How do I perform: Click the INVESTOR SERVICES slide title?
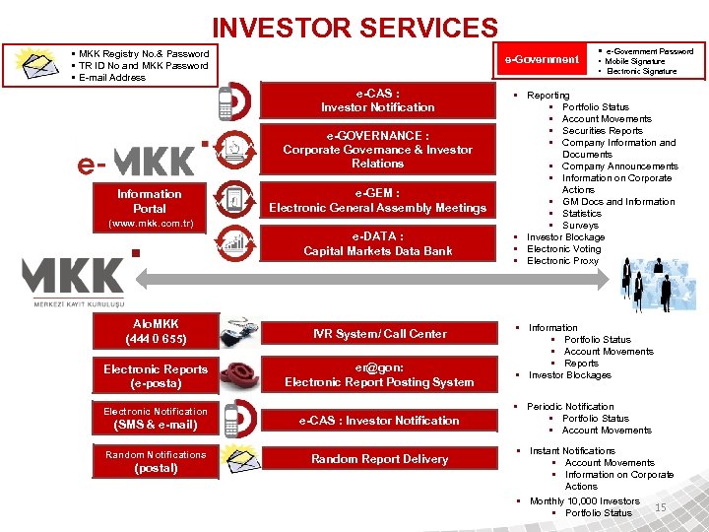point(355,28)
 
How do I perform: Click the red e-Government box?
point(543,60)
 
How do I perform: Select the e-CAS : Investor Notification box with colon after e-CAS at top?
point(377,100)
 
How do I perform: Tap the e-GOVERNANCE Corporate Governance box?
point(377,150)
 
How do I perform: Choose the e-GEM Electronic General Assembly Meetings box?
point(377,201)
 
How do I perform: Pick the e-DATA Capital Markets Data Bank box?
point(377,243)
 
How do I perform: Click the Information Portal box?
point(149,201)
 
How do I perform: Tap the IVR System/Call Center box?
point(379,334)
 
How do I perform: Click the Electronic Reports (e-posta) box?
point(156,375)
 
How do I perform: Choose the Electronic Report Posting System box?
point(379,375)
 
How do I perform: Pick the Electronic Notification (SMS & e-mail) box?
point(156,419)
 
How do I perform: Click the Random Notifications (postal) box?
point(156,461)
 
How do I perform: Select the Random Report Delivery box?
point(379,459)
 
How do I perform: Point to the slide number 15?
point(661,506)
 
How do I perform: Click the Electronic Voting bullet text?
point(563,249)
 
